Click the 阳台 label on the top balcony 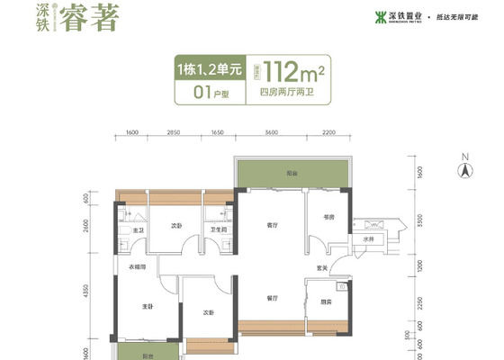tap(292, 172)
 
